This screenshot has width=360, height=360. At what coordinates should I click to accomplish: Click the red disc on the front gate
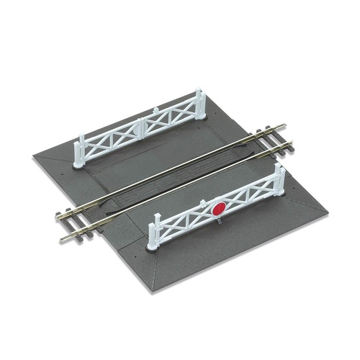pyautogui.click(x=218, y=210)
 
